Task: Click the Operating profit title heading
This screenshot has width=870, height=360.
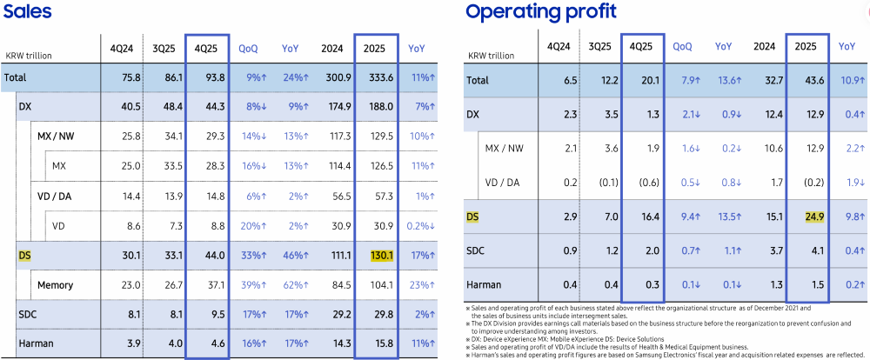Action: (541, 11)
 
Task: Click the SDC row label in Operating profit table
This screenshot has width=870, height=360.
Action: (477, 250)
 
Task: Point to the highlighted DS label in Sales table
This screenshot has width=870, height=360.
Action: (24, 255)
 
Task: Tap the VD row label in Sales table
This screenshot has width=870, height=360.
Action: (59, 225)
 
